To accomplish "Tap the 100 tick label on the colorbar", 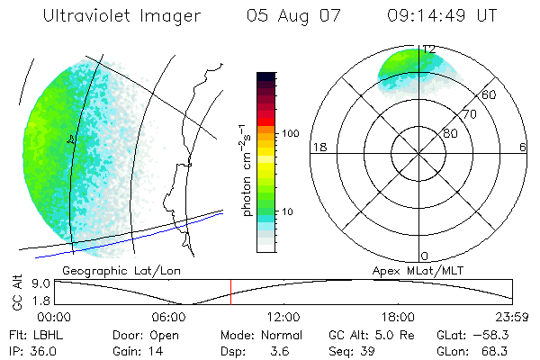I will tap(290, 133).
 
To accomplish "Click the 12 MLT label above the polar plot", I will tap(429, 49).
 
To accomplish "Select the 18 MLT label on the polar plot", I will tap(318, 148).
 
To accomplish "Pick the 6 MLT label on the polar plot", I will tap(524, 148).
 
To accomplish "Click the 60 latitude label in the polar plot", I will tap(490, 94).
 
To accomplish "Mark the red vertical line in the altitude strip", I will tap(230, 292).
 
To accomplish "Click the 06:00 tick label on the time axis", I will tap(169, 317).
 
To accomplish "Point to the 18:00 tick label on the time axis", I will tap(398, 317).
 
